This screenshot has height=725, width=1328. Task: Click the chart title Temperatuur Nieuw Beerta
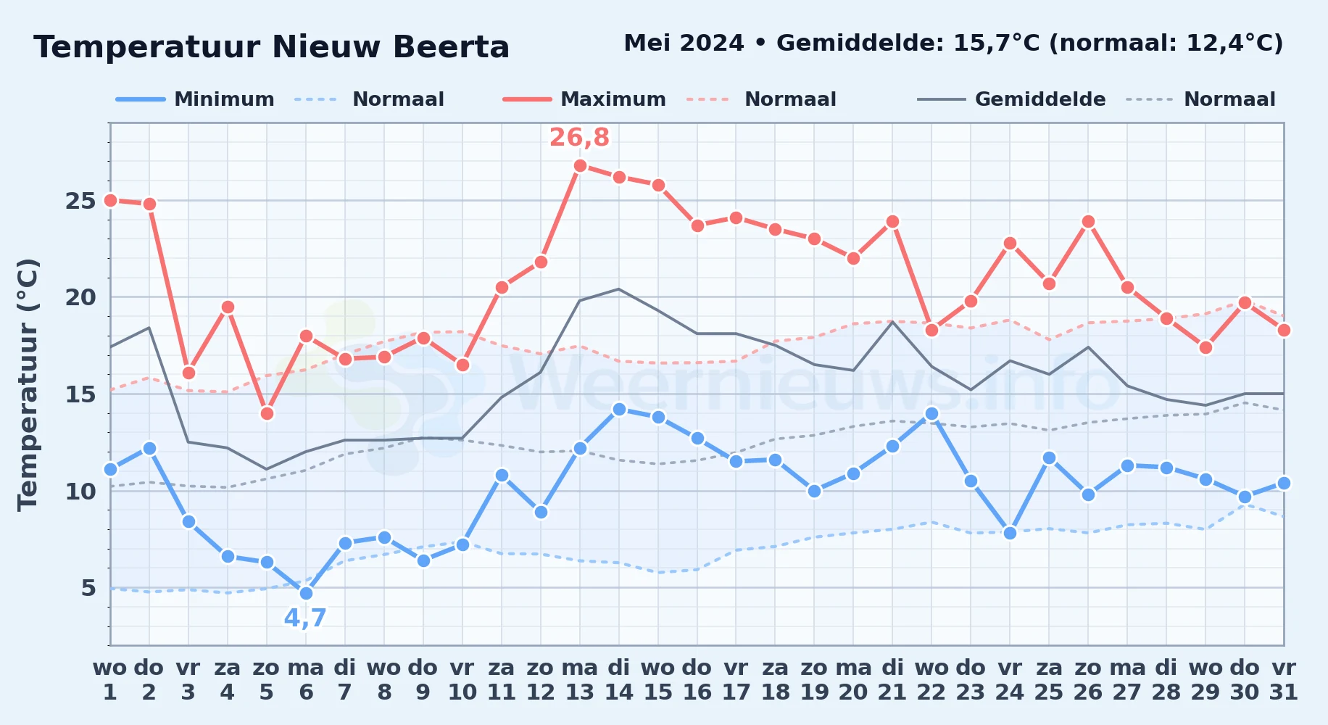[x=272, y=47]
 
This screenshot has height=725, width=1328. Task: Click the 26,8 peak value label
[x=579, y=137]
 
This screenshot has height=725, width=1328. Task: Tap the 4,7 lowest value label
[x=305, y=618]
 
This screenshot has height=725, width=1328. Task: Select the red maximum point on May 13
[x=580, y=165]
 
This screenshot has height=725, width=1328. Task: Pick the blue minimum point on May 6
[x=306, y=593]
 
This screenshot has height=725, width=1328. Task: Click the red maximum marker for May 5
[x=267, y=413]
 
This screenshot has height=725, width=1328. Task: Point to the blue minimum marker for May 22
[x=931, y=413]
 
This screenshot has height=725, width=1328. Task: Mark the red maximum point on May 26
[x=1088, y=221]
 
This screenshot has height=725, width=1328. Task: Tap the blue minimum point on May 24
[x=1010, y=533]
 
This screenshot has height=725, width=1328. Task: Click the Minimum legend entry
[x=196, y=99]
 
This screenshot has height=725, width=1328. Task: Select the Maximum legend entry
[x=585, y=99]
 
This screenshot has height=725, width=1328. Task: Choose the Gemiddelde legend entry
[x=1012, y=99]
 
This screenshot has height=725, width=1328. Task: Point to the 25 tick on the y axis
[x=80, y=201]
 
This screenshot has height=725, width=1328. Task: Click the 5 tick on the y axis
[x=88, y=588]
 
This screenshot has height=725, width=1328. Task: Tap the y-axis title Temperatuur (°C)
[x=28, y=384]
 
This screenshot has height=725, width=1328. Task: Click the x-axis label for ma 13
[x=580, y=680]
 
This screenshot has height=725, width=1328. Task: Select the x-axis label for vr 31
[x=1284, y=680]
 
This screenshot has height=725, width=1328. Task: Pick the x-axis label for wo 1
[x=110, y=680]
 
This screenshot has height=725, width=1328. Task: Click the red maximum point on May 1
[x=110, y=200]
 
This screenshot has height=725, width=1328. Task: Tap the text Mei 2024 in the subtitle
[x=684, y=43]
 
